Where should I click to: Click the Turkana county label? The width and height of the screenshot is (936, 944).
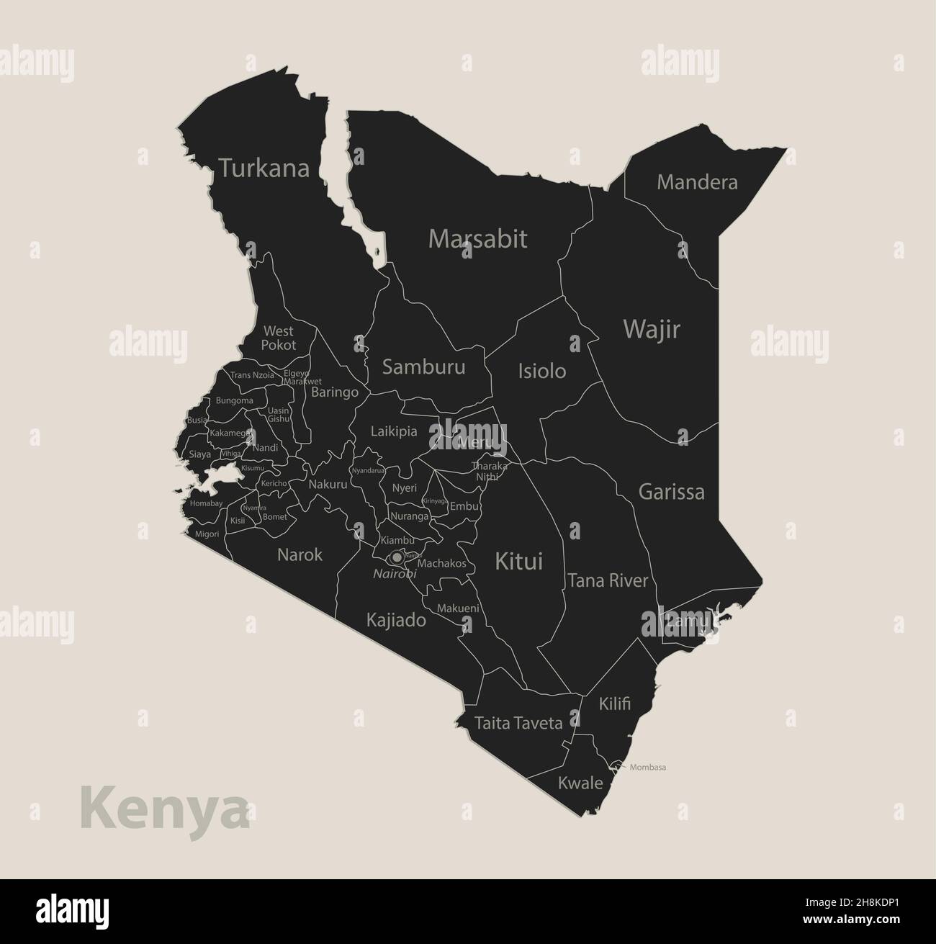264,168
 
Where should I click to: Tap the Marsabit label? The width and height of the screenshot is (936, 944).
477,238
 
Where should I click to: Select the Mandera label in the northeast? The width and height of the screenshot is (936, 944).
697,182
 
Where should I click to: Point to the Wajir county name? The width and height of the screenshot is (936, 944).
651,329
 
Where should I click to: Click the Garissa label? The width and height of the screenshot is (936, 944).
671,493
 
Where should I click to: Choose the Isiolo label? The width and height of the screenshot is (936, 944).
541,371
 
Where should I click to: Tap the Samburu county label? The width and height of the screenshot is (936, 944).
423,367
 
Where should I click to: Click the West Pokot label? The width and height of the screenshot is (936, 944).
278,338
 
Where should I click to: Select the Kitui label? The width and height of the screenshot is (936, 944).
518,561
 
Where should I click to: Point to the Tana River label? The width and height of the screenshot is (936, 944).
608,580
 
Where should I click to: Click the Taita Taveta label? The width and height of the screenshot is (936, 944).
518,723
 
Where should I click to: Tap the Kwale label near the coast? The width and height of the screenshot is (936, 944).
580,783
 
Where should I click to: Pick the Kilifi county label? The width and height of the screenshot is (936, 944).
614,703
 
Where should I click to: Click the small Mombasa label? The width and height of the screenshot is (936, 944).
647,767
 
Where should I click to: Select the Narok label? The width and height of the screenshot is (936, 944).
300,555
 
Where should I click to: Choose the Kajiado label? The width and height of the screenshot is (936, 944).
396,620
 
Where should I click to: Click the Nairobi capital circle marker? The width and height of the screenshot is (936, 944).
397,557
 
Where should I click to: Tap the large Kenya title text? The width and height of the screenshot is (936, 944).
164,808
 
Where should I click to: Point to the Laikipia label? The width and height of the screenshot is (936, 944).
394,432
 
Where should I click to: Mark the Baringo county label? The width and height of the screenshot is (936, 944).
334,392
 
